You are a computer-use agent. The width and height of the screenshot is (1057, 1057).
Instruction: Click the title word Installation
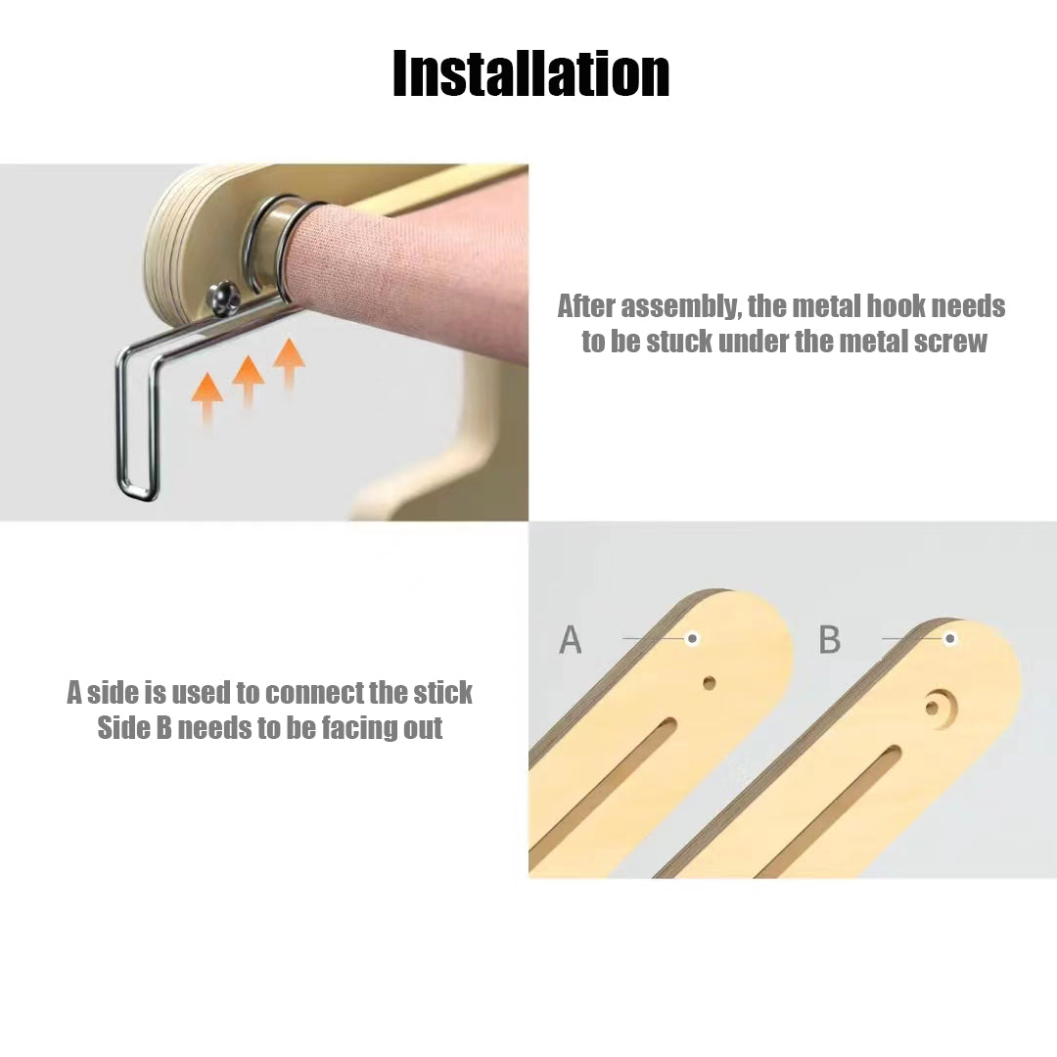point(531,73)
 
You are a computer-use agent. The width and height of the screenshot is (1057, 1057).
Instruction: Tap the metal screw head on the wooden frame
point(224,297)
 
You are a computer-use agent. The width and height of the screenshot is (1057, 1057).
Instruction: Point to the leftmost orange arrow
point(207,397)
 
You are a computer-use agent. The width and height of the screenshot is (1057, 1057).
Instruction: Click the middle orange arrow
point(248,381)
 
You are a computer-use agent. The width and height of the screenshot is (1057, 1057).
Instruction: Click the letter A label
point(571,639)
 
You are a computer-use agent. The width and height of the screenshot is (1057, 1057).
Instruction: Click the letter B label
point(830,639)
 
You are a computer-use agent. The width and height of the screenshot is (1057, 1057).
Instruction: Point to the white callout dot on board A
point(692,638)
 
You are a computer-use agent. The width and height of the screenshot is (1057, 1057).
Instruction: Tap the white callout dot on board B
point(950,638)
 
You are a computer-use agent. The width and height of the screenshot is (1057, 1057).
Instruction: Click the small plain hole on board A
point(710,683)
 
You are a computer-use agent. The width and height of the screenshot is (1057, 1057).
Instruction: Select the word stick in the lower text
point(442,692)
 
